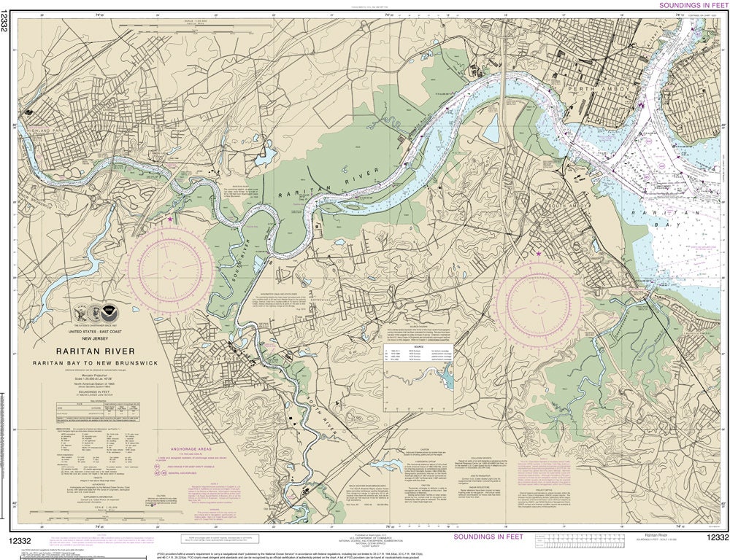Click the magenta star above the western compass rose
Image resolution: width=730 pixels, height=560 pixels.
click(x=171, y=218)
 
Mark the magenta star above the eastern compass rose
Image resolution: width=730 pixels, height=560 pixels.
click(x=539, y=253)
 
